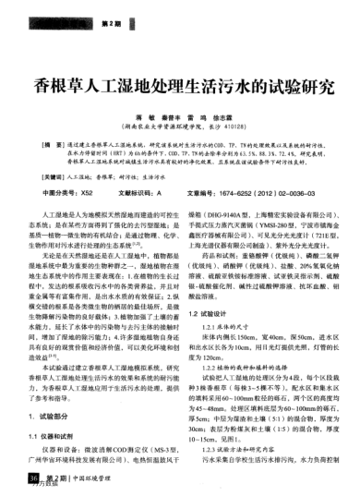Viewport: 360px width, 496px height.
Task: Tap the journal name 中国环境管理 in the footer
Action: [96, 478]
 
